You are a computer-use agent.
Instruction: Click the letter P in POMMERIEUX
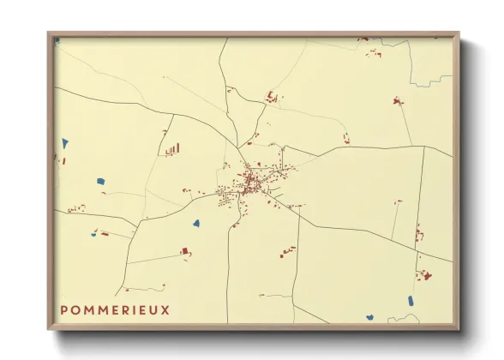pos(64,309)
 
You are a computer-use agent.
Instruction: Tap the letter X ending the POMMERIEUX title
pos(165,309)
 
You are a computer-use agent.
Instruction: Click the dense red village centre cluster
pos(251,183)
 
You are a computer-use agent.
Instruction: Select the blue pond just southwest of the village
pos(196,224)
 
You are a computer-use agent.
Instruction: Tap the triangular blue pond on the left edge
pos(64,142)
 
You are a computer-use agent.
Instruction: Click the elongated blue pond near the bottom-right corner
pos(411,301)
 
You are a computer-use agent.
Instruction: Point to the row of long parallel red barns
pos(172,150)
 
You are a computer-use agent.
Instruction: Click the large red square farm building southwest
pos(184,251)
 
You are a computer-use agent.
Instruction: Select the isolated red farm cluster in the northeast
pos(398,101)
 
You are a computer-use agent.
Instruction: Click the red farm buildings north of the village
pos(273,96)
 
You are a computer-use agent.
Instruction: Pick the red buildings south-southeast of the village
pos(286,251)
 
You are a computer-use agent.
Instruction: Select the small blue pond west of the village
pos(100,181)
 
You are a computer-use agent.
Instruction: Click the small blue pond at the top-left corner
pos(57,39)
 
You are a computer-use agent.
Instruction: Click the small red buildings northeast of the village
pos(346,138)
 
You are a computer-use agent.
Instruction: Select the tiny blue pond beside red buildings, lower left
pos(94,233)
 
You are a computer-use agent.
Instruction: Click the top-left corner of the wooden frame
pos(49,33)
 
